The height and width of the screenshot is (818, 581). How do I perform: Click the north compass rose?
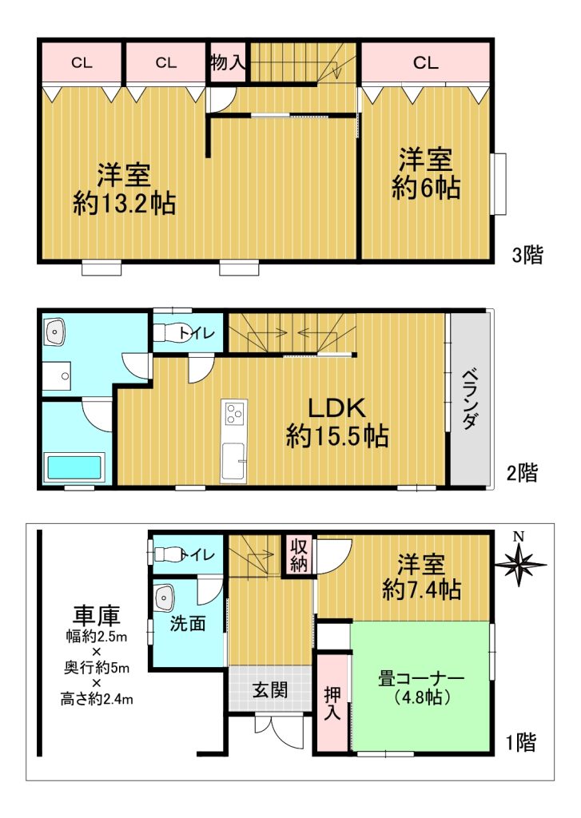tap(519, 562)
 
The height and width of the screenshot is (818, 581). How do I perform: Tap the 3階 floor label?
tap(527, 255)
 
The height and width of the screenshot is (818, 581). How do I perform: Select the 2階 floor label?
tap(522, 473)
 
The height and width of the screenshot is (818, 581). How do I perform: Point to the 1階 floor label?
tap(522, 742)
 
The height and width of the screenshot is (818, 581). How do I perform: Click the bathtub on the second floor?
tap(74, 468)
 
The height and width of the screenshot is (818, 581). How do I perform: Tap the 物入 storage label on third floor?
tap(227, 62)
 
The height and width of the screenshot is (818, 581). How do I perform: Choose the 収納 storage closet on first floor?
tap(299, 555)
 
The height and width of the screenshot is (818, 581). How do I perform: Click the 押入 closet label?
tap(332, 703)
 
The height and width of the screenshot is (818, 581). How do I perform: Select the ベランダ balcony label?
tap(470, 399)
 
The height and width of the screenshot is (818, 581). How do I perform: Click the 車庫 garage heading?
tap(97, 615)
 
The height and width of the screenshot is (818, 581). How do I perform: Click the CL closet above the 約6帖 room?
tap(425, 62)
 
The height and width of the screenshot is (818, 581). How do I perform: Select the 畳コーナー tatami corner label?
tap(421, 679)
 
